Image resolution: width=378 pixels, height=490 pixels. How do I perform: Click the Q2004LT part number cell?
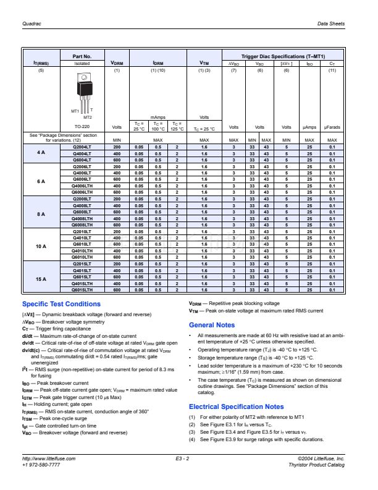pos(82,147)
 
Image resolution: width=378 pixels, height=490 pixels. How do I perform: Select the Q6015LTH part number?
pos(82,290)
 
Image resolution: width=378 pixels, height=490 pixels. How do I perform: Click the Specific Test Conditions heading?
pos(61,304)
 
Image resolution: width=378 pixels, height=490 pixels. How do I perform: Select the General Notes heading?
pos(212,325)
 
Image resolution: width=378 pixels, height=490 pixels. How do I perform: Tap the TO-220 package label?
pos(82,126)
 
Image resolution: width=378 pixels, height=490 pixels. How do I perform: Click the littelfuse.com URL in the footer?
pos(49,458)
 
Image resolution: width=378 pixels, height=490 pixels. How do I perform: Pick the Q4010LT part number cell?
pos(82,238)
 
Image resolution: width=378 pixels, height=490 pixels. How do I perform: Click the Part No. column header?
pos(82,56)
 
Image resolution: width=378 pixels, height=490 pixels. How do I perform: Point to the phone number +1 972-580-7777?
pos(41,464)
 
